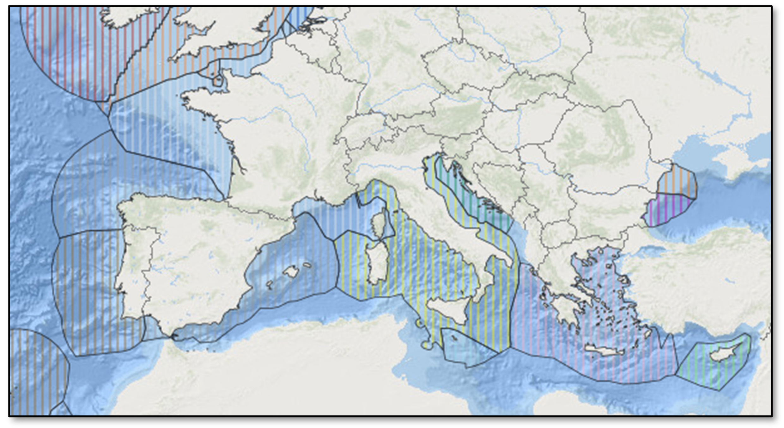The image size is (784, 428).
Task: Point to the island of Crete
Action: [x=604, y=350]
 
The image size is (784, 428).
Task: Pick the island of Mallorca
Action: [x=291, y=271]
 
